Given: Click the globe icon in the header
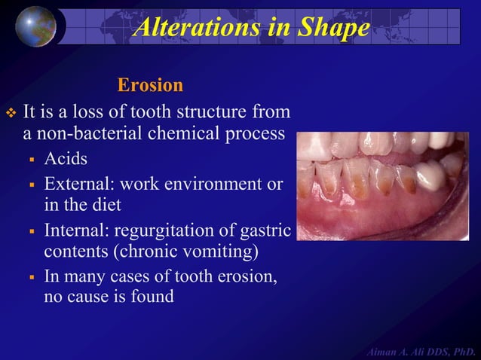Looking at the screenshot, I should pyautogui.click(x=35, y=25).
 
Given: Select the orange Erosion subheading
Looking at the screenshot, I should pyautogui.click(x=150, y=85).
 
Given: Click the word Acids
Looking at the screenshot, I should pyautogui.click(x=66, y=159).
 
